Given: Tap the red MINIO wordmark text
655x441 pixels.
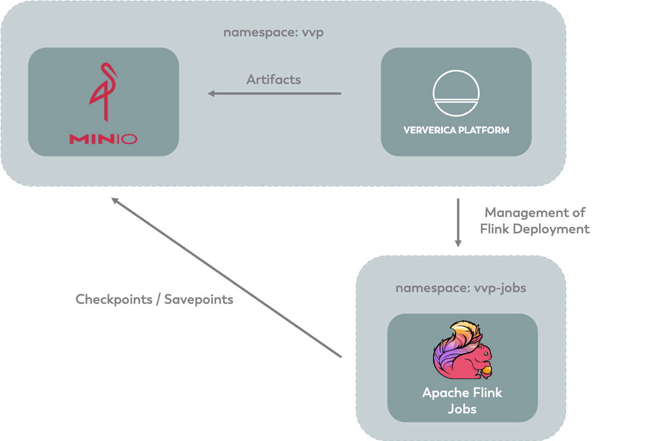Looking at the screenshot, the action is pyautogui.click(x=103, y=139).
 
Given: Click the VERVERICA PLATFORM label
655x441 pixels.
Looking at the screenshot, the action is pyautogui.click(x=456, y=130).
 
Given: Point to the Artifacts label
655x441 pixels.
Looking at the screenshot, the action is pyautogui.click(x=273, y=79).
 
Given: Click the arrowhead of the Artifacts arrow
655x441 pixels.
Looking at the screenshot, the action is pyautogui.click(x=211, y=93).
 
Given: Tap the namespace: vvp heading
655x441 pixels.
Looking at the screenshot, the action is pyautogui.click(x=273, y=33).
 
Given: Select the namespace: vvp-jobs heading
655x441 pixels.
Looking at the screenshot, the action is pyautogui.click(x=461, y=288).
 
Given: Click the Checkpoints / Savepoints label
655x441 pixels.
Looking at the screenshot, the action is pyautogui.click(x=154, y=300).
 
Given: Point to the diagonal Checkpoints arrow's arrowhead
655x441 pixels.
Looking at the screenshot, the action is pyautogui.click(x=114, y=200).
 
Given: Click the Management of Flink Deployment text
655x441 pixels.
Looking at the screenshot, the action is pyautogui.click(x=535, y=221).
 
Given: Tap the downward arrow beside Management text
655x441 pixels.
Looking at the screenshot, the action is pyautogui.click(x=458, y=223).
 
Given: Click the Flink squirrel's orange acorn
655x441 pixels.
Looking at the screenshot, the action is pyautogui.click(x=487, y=371).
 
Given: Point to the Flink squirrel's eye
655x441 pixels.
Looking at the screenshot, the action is pyautogui.click(x=485, y=354).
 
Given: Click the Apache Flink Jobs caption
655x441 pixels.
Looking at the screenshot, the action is pyautogui.click(x=462, y=401).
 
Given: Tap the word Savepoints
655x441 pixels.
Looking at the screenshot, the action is pyautogui.click(x=199, y=300).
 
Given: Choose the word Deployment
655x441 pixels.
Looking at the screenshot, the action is pyautogui.click(x=551, y=229).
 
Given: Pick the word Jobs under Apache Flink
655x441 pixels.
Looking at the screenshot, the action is pyautogui.click(x=463, y=409).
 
